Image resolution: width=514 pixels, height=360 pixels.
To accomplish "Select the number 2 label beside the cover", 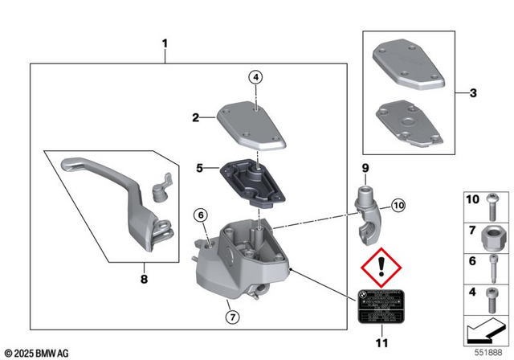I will click(x=195, y=118).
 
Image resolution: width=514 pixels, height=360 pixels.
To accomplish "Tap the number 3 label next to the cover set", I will click(x=473, y=93).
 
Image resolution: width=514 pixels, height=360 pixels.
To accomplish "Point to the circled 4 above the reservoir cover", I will click(x=255, y=78).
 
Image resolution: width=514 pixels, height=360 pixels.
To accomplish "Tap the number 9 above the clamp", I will click(x=363, y=169).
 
